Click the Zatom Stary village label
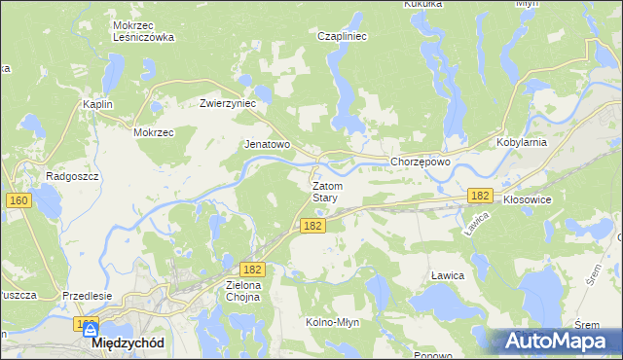point(325,191)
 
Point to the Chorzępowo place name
point(420,162)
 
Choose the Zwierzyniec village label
point(227,103)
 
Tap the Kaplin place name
point(98,104)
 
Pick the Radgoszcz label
point(67,177)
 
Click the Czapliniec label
point(342,36)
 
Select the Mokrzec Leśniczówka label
point(143,31)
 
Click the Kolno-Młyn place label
point(335,322)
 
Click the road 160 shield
point(18,200)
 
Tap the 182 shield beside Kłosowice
point(479,196)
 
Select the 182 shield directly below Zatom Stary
point(311,226)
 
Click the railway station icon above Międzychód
point(91,329)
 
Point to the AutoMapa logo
point(553,341)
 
